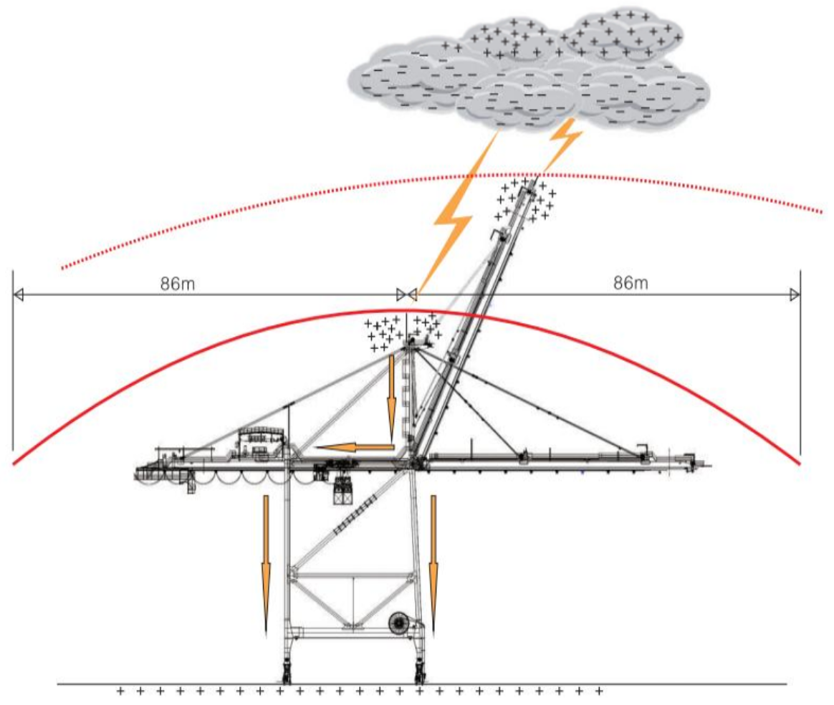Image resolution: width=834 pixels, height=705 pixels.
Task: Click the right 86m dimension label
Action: [631, 283]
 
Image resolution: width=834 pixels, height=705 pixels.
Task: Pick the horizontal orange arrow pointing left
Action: [355, 448]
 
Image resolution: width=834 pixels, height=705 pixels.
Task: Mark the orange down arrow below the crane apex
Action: [391, 398]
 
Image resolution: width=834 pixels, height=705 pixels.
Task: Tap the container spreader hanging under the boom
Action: [345, 490]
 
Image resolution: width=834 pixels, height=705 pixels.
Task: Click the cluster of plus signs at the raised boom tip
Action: [525, 201]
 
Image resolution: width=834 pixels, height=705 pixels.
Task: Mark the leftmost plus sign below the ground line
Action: [120, 691]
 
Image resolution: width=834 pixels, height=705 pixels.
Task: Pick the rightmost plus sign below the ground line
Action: [598, 691]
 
